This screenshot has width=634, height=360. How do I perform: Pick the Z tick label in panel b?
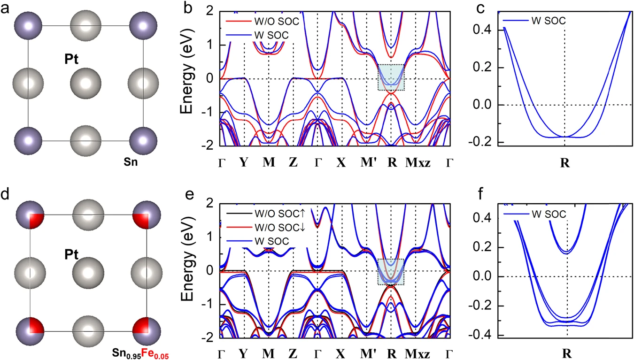click(x=293, y=162)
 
